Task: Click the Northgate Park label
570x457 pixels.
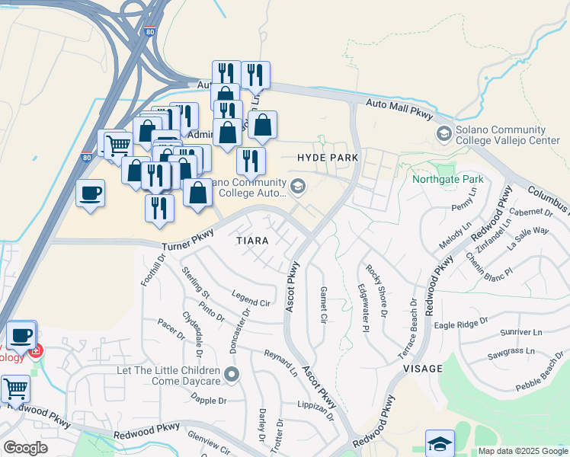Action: pyautogui.click(x=448, y=180)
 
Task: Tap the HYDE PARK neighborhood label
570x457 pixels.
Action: pyautogui.click(x=328, y=157)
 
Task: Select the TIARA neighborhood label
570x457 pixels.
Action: pyautogui.click(x=251, y=241)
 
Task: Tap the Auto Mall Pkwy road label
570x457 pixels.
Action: pyautogui.click(x=399, y=109)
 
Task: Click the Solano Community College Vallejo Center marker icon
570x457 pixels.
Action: pyautogui.click(x=444, y=134)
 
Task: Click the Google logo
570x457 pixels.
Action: pyautogui.click(x=26, y=448)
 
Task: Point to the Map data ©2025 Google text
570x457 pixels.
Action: pyautogui.click(x=522, y=451)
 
